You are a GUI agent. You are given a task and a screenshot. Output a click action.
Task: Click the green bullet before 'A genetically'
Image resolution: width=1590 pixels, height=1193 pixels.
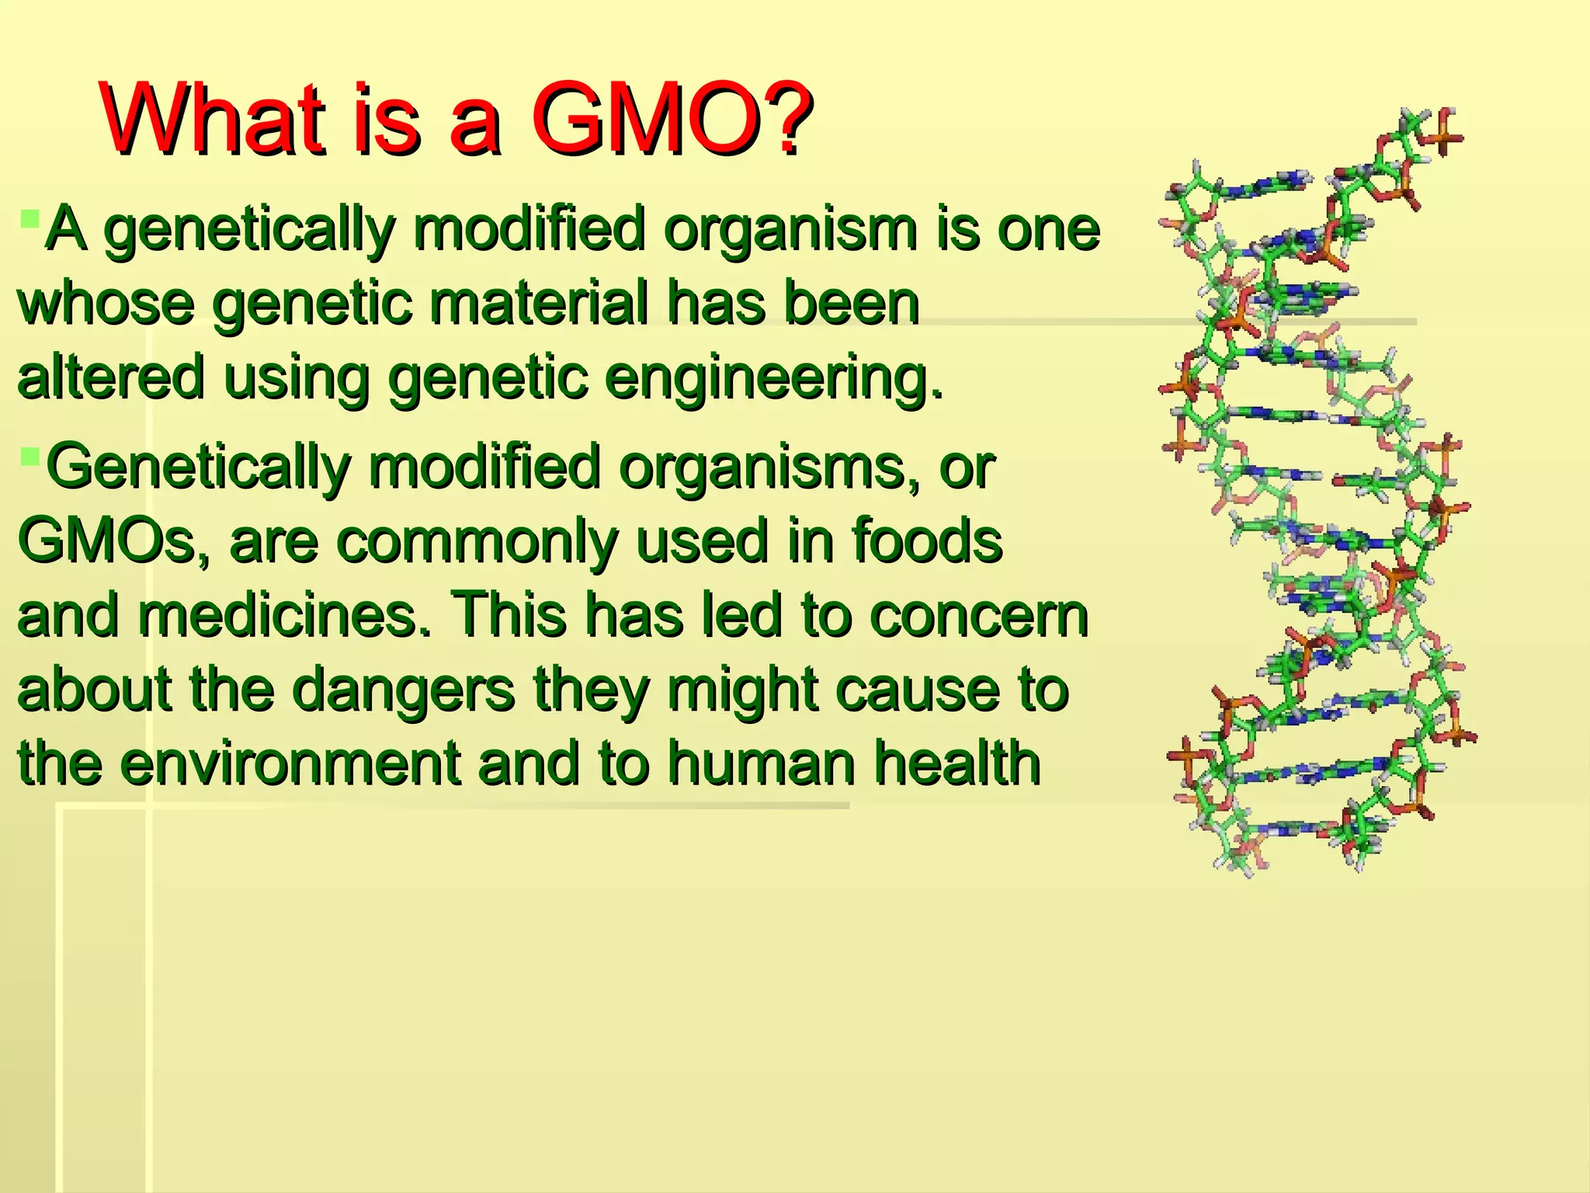30,217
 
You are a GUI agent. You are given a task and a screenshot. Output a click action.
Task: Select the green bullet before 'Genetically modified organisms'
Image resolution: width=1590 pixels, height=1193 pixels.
30,455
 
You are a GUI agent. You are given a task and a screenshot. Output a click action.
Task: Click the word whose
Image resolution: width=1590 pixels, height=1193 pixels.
106,304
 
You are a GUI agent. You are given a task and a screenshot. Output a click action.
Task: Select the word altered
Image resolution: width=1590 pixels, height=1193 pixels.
111,377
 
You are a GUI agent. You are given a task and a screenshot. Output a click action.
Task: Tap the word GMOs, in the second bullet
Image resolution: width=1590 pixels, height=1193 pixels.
113,541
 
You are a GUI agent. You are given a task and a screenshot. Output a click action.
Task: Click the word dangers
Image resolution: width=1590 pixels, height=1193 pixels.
404,690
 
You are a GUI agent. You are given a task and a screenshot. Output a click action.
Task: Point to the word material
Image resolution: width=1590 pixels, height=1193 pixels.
539,304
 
